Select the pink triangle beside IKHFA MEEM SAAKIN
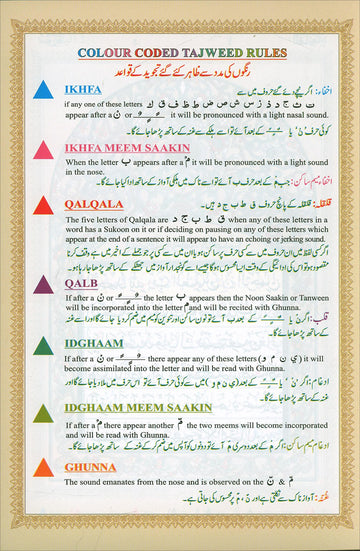pos(44,149)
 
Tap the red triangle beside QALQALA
pos(44,205)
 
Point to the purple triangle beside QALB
pos(44,285)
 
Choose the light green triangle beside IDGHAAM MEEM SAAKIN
pos(44,413)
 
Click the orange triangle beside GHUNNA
pos(44,468)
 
